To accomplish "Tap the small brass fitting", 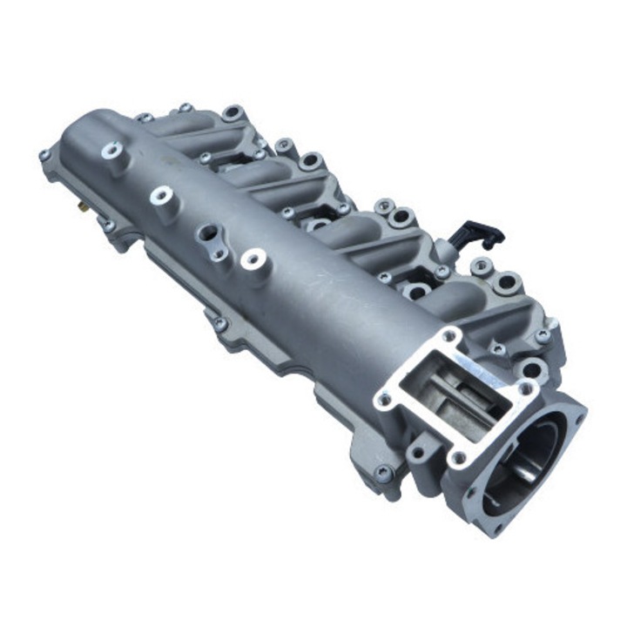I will (x=80, y=209).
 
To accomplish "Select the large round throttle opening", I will (x=527, y=462).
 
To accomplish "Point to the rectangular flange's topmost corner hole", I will (x=449, y=334).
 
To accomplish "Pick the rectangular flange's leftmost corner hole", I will (x=384, y=400).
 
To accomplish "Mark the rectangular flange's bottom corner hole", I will (x=459, y=456).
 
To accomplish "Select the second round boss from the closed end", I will (x=161, y=194).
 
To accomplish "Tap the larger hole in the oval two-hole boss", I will (x=210, y=233).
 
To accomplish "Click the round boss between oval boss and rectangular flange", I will (x=253, y=258).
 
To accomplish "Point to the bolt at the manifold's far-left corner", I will (x=44, y=156).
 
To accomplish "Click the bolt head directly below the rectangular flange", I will (x=382, y=474).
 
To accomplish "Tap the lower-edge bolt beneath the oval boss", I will (x=219, y=323).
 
